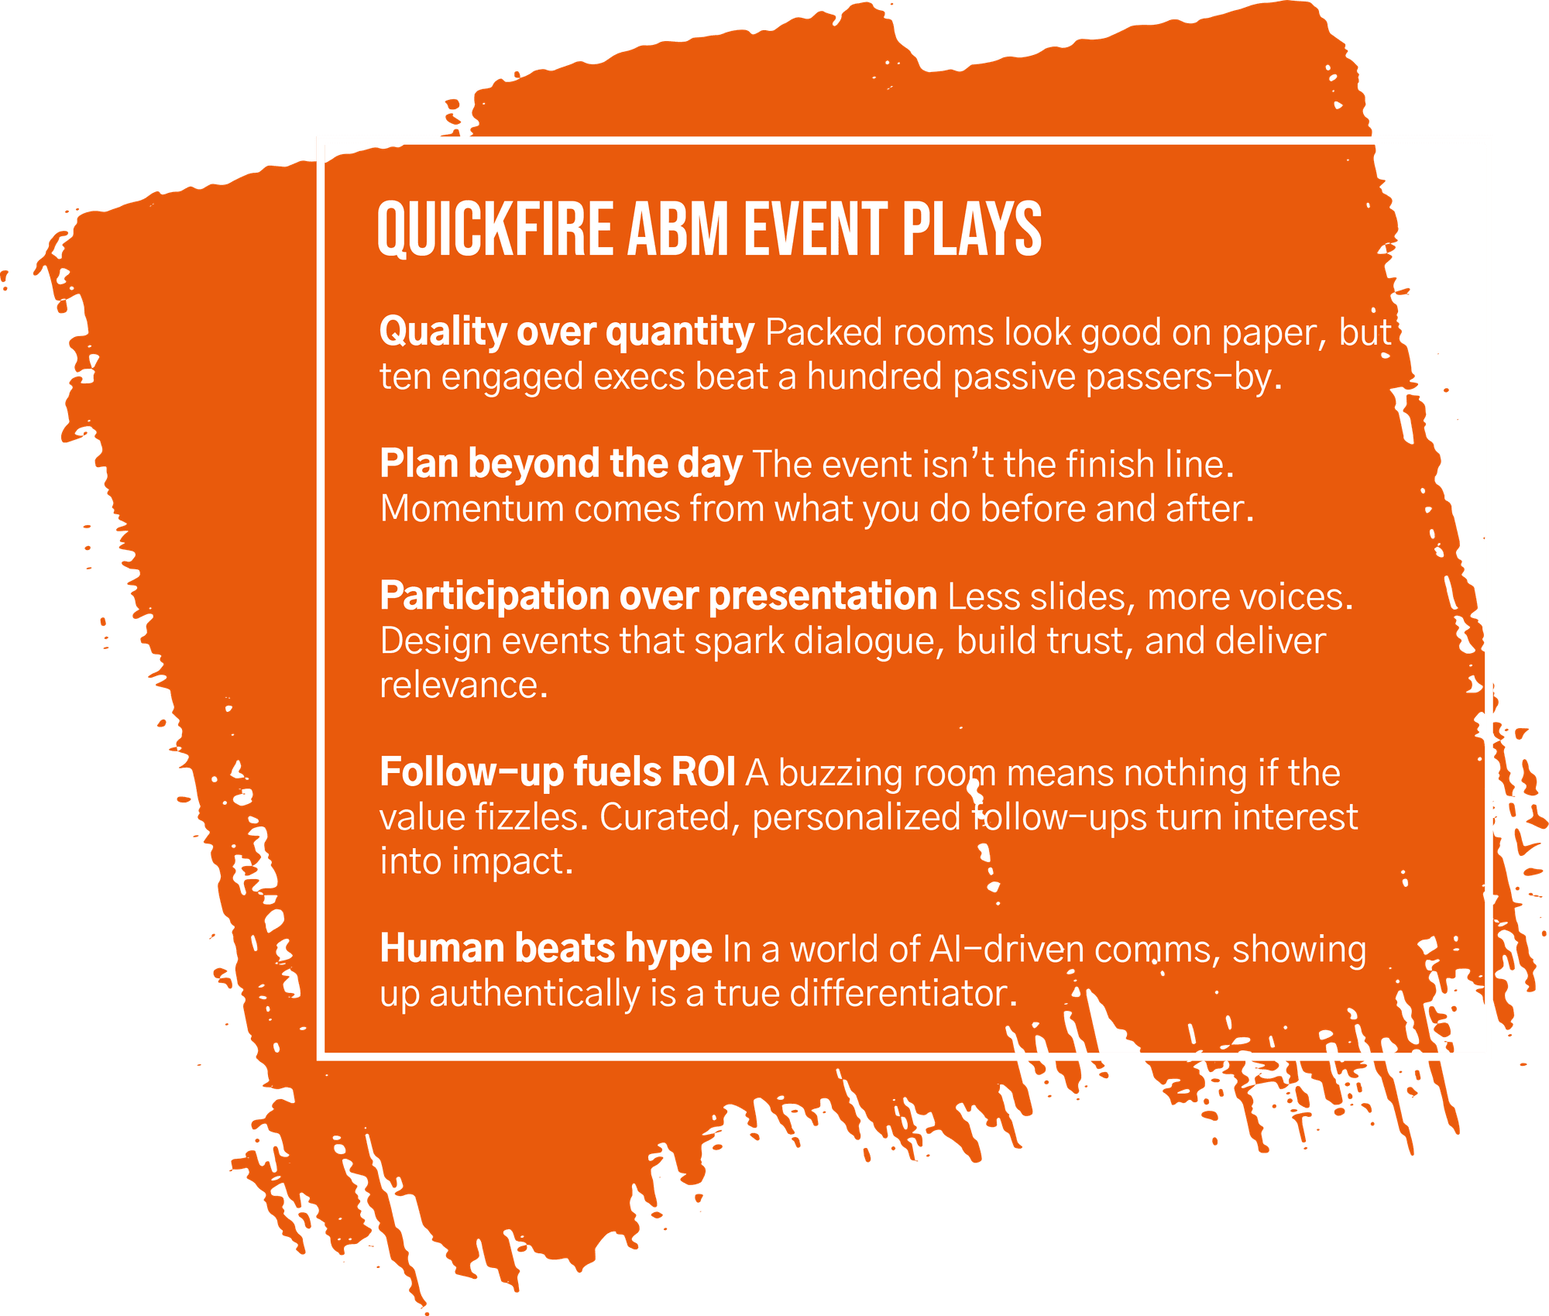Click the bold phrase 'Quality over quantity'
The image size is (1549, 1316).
coord(567,333)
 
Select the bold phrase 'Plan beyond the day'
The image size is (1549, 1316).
coord(562,465)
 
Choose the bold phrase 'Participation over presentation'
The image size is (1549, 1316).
coord(658,597)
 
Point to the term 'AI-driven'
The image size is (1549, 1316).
coord(1007,950)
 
